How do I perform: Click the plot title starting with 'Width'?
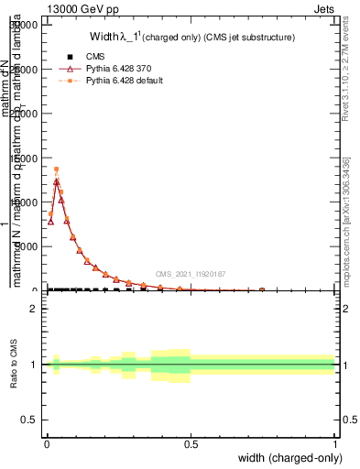coord(191,38)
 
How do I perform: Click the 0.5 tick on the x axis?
coord(191,442)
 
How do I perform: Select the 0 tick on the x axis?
coord(47,442)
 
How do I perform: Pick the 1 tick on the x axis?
coord(334,442)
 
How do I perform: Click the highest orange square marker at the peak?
coord(56,169)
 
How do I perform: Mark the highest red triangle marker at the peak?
coord(56,181)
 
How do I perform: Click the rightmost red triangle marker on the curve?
coord(262,289)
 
